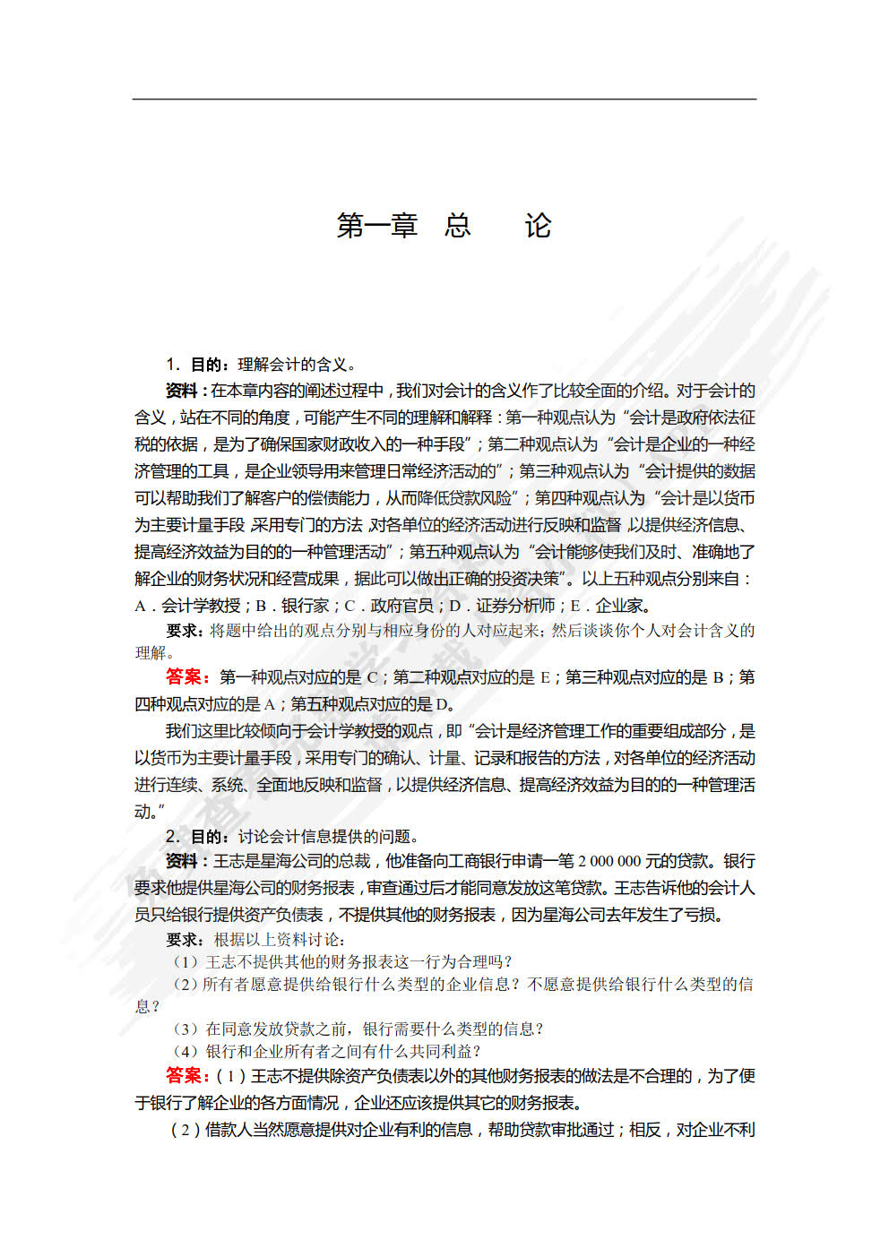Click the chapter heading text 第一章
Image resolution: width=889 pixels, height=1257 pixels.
[x=377, y=226]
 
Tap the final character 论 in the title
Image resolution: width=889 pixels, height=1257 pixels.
[x=538, y=226]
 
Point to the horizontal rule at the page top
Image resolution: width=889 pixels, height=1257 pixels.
[x=444, y=99]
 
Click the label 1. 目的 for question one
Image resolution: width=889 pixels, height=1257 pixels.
[x=195, y=364]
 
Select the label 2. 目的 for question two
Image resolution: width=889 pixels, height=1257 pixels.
[x=195, y=836]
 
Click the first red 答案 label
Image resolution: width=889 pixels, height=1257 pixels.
[x=187, y=676]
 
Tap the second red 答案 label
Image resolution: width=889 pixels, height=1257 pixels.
[x=187, y=1075]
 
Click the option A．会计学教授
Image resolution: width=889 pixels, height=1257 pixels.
[x=187, y=606]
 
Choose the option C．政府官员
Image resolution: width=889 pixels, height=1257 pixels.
[x=389, y=606]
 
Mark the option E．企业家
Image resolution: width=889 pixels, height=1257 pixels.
[x=610, y=606]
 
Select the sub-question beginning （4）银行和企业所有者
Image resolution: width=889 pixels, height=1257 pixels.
[x=328, y=1051]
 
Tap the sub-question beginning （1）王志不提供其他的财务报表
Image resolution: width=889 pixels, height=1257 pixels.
[x=342, y=961]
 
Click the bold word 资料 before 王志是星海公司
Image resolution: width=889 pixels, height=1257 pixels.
[x=182, y=861]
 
